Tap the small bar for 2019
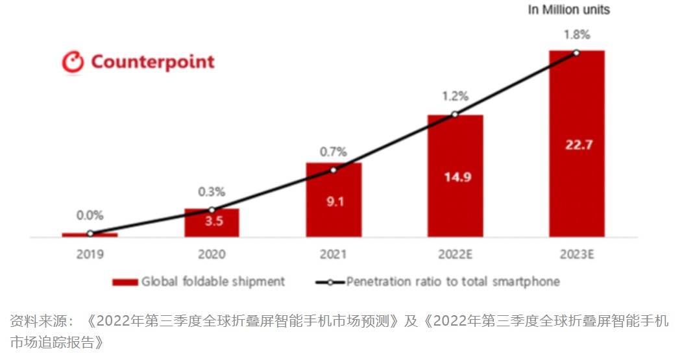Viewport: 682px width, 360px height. (90, 235)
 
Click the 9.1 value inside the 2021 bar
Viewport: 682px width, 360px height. (333, 201)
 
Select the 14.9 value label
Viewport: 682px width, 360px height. (455, 176)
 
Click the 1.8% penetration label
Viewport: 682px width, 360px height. (576, 34)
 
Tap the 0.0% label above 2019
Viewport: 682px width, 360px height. (90, 215)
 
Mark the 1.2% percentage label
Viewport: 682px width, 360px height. (455, 96)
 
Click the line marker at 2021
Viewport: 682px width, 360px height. (334, 170)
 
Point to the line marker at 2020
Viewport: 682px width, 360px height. (212, 210)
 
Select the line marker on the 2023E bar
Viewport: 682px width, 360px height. (576, 53)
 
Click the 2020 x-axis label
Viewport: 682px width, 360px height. (212, 254)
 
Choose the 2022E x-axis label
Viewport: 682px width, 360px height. (455, 254)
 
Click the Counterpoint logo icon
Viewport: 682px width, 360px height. (73, 62)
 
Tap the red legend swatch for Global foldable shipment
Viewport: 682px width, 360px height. (125, 282)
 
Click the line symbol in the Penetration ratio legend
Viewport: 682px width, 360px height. (330, 282)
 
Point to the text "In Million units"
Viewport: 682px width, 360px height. (568, 10)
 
